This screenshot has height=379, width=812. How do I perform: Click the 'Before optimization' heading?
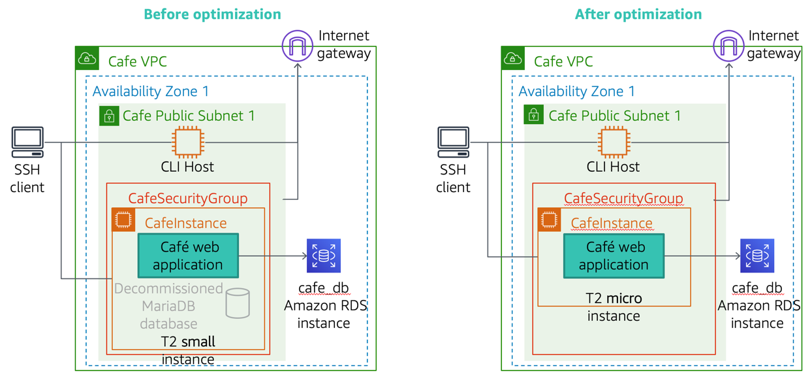(x=212, y=14)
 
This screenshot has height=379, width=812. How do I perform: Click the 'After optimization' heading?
(x=638, y=14)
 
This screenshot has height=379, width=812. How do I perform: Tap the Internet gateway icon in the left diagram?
(x=297, y=46)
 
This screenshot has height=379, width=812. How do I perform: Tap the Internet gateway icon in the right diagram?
(x=728, y=46)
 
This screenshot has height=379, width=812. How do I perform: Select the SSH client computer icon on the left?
(x=27, y=142)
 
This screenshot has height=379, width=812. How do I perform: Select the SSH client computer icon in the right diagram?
(x=453, y=142)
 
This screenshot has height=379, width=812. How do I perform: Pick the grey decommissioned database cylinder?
(x=238, y=303)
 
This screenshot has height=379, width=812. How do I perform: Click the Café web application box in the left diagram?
(x=188, y=255)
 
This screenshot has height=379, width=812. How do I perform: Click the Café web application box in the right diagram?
(x=614, y=255)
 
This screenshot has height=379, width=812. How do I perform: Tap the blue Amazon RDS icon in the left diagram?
(x=324, y=255)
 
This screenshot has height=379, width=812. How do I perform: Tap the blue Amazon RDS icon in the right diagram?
(x=757, y=255)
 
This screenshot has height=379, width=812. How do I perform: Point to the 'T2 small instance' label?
(x=188, y=350)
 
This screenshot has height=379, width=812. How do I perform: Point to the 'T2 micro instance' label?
(x=614, y=307)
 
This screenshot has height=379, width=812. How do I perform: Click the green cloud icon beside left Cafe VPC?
(x=87, y=59)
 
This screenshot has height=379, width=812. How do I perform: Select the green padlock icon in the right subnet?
(x=534, y=115)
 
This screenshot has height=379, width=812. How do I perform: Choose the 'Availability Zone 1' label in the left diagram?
(x=151, y=91)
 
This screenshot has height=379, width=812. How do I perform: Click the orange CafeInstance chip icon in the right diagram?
(x=549, y=220)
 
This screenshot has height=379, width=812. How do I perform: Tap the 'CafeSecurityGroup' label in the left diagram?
(x=188, y=198)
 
